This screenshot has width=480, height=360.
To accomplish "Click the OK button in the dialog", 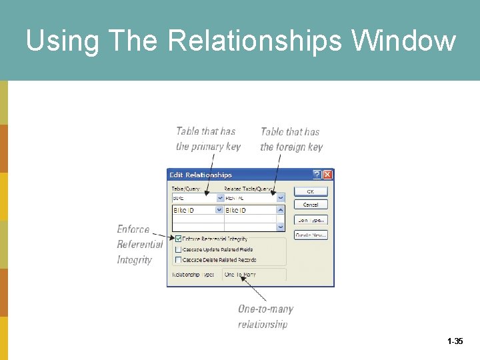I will [311, 191].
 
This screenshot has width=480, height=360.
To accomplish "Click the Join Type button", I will [311, 219].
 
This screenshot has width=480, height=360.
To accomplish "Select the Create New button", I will [311, 235].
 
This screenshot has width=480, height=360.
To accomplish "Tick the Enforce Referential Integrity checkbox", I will [178, 239].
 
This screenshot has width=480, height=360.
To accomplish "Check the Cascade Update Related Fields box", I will [178, 249].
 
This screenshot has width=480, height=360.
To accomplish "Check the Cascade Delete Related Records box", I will [178, 260].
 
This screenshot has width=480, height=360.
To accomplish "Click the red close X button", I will [327, 175].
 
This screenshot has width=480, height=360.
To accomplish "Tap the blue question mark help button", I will [317, 175].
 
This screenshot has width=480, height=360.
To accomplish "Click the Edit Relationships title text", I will [201, 175].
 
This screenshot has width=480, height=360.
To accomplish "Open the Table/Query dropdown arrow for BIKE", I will [220, 198].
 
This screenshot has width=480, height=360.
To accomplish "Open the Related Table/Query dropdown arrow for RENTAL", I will [281, 198].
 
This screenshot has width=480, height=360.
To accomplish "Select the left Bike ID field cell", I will [193, 210].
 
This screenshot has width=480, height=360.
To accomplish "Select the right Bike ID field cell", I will [247, 210].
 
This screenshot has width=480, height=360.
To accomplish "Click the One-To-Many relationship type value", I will [241, 275].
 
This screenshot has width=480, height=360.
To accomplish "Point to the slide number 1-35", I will [455, 341].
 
